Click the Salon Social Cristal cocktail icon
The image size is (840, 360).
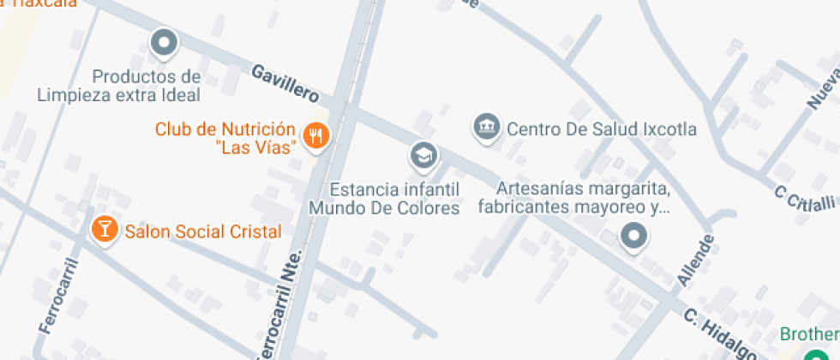[x=105, y=229]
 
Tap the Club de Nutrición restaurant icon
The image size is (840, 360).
[x=316, y=135]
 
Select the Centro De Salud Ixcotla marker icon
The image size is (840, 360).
[x=486, y=127]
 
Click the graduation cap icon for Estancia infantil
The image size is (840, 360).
[x=423, y=155]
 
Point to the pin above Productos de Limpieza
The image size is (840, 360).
[x=163, y=41]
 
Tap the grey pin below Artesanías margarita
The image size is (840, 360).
[x=633, y=234]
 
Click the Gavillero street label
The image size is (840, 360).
[x=285, y=82]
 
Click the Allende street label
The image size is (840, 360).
[x=695, y=260]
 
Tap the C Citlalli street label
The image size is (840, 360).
[x=804, y=197]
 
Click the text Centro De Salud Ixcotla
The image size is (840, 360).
[x=601, y=129]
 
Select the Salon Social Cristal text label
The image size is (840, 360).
[x=203, y=231]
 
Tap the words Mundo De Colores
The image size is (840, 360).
[x=384, y=207]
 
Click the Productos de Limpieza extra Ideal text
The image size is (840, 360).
[x=118, y=86]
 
